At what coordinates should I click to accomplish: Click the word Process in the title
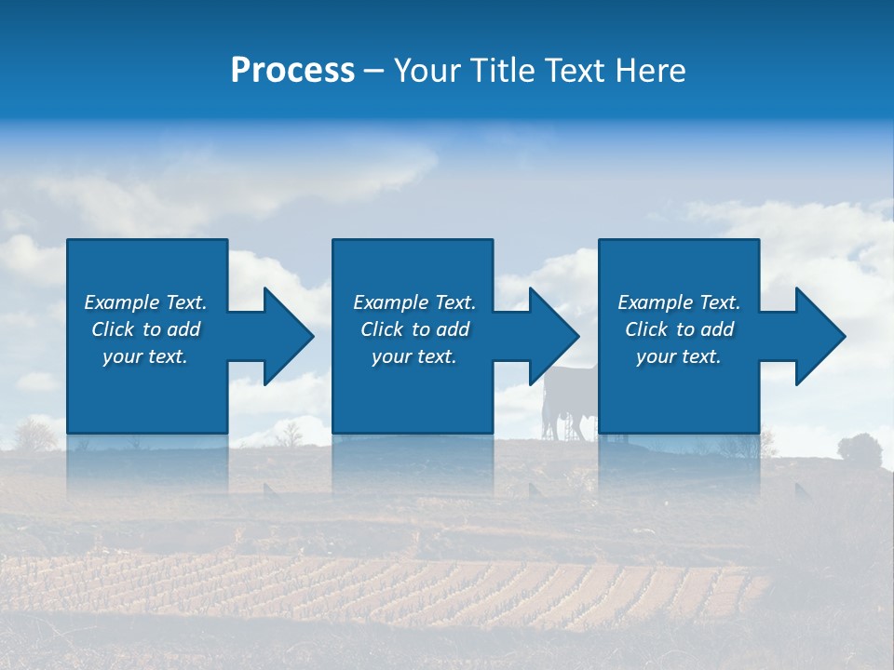(x=292, y=71)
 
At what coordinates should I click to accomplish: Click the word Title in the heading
(x=504, y=71)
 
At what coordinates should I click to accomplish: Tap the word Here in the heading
(x=652, y=71)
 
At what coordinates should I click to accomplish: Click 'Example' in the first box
(x=122, y=302)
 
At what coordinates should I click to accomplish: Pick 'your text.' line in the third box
(x=678, y=356)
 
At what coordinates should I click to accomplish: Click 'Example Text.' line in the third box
(x=678, y=302)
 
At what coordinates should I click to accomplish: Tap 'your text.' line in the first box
(x=145, y=356)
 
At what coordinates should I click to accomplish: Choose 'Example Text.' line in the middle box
(x=413, y=302)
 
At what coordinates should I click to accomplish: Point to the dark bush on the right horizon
(x=859, y=448)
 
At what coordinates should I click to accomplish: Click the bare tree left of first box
(x=35, y=433)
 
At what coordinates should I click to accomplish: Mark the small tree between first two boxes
(x=291, y=433)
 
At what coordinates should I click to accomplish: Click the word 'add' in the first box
(x=184, y=329)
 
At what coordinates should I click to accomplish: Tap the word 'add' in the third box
(x=718, y=329)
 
